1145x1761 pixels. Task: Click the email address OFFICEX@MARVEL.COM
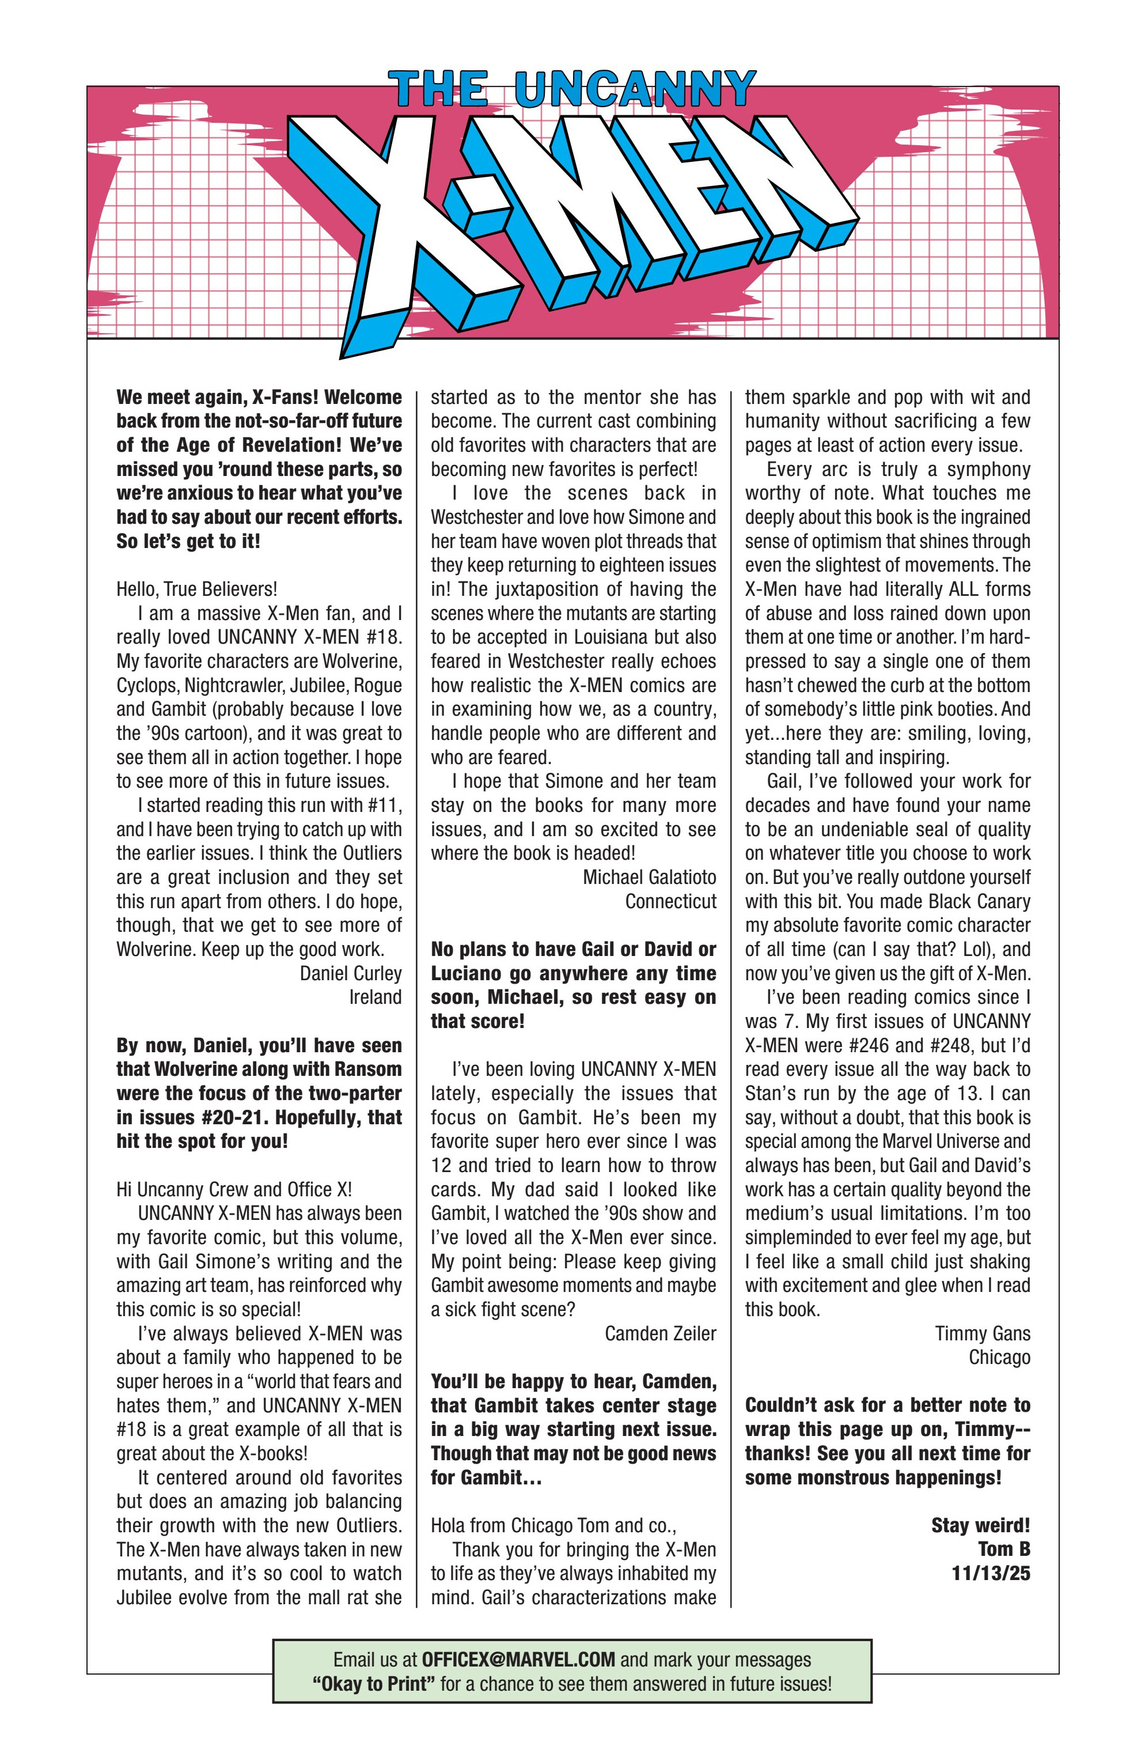pyautogui.click(x=518, y=1660)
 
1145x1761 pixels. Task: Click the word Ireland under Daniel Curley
pyautogui.click(x=375, y=997)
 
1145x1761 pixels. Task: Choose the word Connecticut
pyautogui.click(x=670, y=901)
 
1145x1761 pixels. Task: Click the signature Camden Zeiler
pyautogui.click(x=660, y=1333)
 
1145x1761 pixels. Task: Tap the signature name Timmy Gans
pyautogui.click(x=981, y=1333)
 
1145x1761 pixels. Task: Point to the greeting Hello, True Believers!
pyautogui.click(x=197, y=589)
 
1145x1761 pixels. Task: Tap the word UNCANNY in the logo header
pyautogui.click(x=635, y=90)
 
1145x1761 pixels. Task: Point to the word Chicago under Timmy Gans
pyautogui.click(x=999, y=1357)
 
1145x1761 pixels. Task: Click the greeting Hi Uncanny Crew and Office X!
pyautogui.click(x=234, y=1189)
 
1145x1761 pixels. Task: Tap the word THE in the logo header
pyautogui.click(x=439, y=90)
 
